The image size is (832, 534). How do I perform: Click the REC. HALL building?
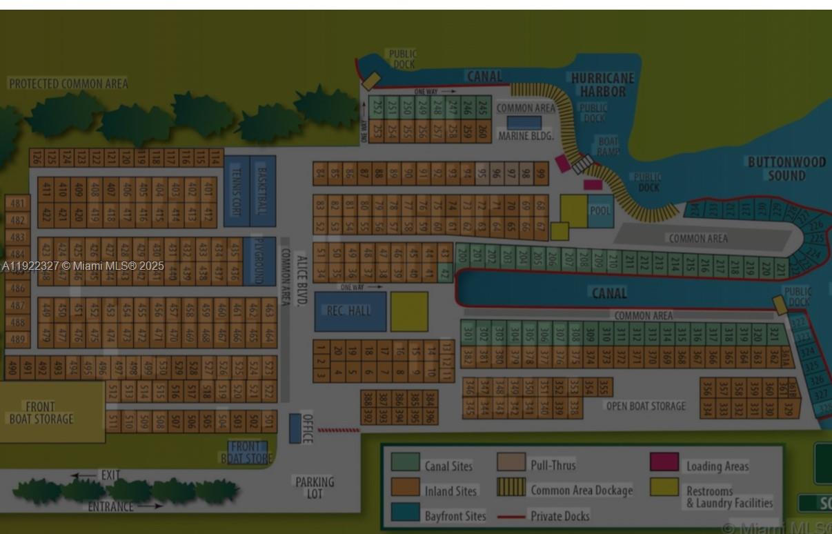[350, 311]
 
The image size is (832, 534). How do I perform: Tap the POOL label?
[600, 210]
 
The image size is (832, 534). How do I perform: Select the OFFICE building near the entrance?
[296, 428]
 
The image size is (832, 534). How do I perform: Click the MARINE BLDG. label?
[526, 136]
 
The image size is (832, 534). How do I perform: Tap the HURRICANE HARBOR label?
[602, 85]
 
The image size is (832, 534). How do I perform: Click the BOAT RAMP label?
[608, 146]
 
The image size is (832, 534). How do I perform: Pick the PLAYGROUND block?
[260, 261]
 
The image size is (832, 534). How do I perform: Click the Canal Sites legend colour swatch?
[405, 462]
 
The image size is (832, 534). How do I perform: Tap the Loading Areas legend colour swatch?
[664, 462]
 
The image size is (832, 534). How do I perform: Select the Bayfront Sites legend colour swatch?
[405, 512]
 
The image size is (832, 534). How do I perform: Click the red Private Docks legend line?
[511, 516]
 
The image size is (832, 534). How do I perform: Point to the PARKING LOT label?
[315, 487]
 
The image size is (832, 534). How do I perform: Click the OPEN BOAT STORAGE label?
[646, 406]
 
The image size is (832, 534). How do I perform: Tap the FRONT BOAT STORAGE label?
[41, 413]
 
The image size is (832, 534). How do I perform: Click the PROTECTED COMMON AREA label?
[68, 83]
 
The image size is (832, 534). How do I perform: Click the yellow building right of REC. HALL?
[409, 311]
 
